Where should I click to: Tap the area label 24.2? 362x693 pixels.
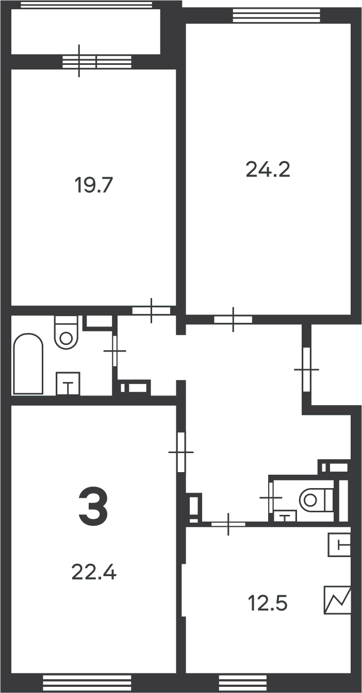268,170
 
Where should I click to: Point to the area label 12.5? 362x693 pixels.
268,603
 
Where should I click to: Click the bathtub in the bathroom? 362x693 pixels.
28,363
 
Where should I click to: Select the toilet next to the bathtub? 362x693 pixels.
66,332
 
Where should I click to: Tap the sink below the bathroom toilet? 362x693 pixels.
68,384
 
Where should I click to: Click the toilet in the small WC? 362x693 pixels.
316,499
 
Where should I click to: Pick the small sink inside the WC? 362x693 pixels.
285,516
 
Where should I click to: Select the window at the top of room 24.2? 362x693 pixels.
276,15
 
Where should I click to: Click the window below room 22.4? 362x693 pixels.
87,683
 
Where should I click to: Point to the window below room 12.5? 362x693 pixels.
243,683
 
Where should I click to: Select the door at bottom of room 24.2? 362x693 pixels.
233,319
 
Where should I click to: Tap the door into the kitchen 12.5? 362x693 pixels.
228,524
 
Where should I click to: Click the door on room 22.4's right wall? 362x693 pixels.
182,452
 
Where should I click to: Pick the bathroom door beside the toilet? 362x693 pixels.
114,351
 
